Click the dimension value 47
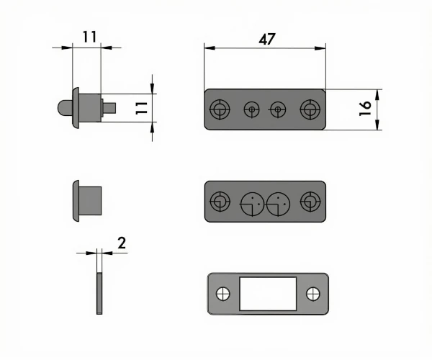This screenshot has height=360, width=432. (x=267, y=40)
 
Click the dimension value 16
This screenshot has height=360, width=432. (x=365, y=108)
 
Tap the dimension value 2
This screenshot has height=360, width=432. (x=122, y=243)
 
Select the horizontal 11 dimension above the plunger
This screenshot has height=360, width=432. (x=90, y=37)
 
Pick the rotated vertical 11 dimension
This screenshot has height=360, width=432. (x=142, y=108)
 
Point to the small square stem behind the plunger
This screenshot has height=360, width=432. (x=109, y=108)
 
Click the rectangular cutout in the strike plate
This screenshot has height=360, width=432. (x=268, y=294)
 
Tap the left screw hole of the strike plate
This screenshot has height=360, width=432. (x=223, y=294)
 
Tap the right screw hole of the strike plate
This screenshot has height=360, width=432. (x=313, y=294)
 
